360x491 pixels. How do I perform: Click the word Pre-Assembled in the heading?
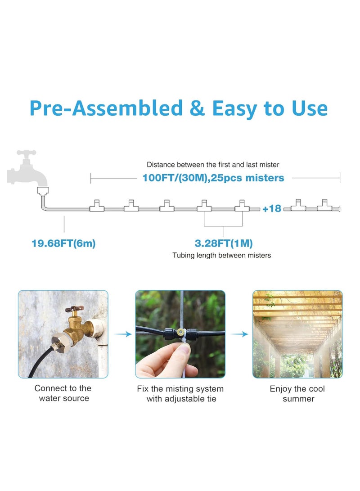coord(106,108)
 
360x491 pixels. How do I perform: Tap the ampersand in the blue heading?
coord(197,108)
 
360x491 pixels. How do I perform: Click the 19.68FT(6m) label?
coord(63,243)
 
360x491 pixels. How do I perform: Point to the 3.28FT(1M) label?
coord(224,243)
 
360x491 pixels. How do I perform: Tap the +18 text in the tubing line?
coord(271,208)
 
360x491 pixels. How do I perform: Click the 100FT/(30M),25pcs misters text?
coord(213,178)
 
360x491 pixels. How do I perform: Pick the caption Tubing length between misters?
coord(222,256)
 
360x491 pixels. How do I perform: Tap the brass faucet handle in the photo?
coord(72,311)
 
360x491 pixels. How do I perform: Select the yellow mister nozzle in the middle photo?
coord(180,333)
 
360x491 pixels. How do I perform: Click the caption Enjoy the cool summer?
coord(297,394)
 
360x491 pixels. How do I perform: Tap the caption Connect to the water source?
coord(63,393)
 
